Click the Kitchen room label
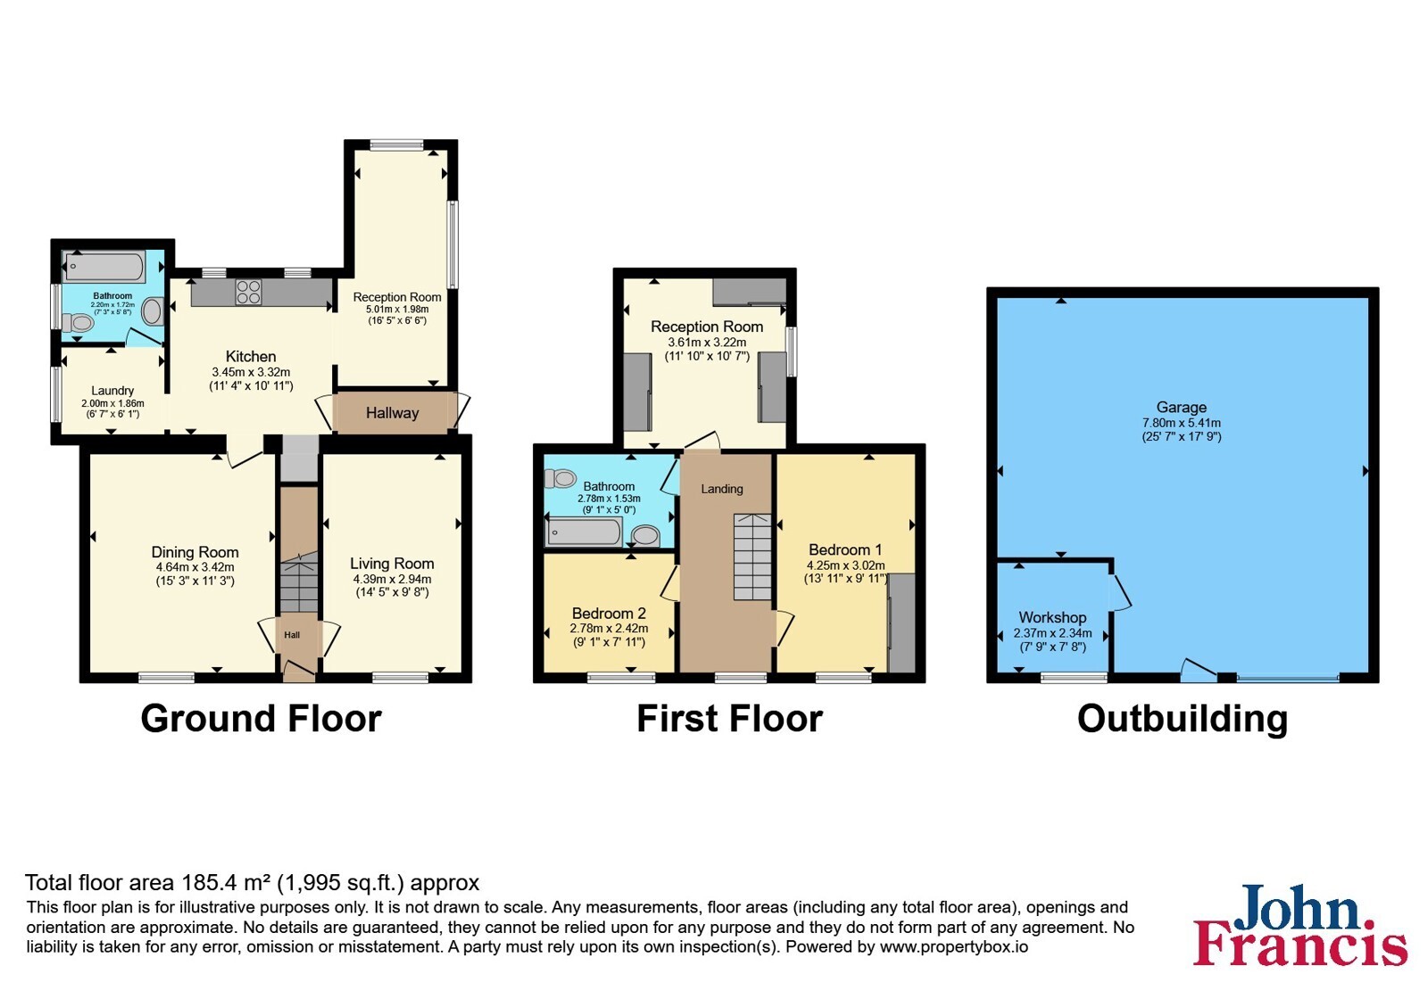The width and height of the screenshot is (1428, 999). [251, 356]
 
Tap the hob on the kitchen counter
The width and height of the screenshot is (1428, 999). [248, 293]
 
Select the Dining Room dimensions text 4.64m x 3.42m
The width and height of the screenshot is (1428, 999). [195, 567]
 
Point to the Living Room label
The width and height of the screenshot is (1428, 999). [392, 563]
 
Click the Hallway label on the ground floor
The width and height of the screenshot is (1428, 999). [392, 413]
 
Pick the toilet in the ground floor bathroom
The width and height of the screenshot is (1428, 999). [78, 322]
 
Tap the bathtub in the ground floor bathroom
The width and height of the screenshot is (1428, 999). [104, 268]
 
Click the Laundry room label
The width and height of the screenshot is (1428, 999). [112, 391]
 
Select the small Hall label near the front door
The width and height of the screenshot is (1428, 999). [292, 634]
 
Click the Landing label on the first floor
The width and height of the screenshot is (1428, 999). [722, 489]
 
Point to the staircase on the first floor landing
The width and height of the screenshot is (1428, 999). [752, 557]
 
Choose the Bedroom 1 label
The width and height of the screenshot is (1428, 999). [845, 549]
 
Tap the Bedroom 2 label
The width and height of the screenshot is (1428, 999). [609, 613]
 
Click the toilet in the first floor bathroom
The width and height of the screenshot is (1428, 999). [560, 478]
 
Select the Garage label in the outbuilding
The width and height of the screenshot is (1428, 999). [1182, 407]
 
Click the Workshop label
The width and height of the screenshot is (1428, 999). [1052, 616]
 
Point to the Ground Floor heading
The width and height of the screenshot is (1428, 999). [261, 719]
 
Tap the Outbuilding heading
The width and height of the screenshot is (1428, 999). [1183, 720]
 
